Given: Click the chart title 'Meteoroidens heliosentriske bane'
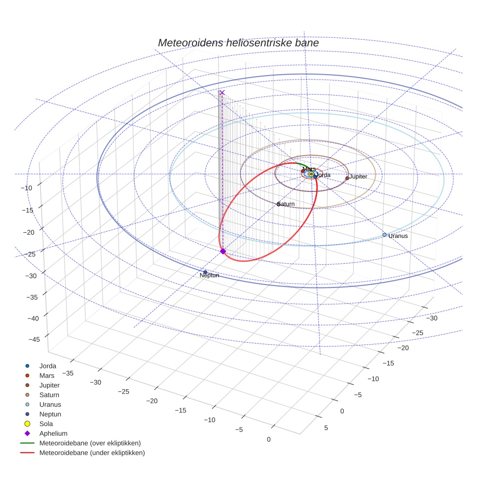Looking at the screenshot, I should click(238, 43).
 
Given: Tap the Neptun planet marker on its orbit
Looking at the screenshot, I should click(205, 272).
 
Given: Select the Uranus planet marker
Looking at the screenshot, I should click(384, 235).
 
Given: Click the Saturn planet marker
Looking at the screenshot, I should click(278, 204).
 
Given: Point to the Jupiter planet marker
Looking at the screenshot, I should click(347, 178).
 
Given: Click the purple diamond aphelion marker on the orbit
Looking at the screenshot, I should click(223, 251).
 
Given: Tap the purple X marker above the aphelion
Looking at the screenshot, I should click(222, 93).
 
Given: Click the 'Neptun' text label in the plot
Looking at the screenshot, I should click(209, 276).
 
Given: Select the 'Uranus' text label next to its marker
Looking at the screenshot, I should click(398, 236).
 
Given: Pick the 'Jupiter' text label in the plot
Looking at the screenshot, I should click(358, 177).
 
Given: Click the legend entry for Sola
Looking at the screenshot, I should click(46, 424).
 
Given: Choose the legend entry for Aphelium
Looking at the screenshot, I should click(53, 433).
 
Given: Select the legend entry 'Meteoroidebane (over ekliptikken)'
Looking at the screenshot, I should click(90, 443).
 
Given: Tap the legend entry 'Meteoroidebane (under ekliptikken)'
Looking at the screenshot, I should click(92, 453).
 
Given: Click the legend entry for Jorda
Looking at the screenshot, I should click(48, 366).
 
